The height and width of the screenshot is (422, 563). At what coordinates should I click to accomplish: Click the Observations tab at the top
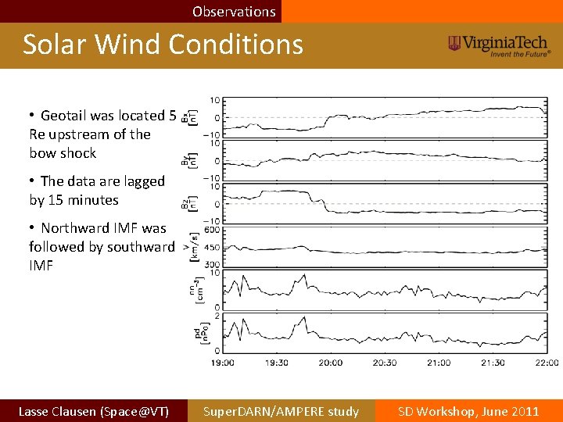coord(234,12)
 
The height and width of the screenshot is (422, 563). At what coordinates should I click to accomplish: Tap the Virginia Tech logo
coord(499,45)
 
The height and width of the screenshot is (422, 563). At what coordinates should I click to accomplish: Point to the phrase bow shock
coord(63,153)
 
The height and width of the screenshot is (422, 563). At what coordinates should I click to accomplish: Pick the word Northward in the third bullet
coord(77,228)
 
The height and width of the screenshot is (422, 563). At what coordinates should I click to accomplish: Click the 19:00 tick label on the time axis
coord(223,363)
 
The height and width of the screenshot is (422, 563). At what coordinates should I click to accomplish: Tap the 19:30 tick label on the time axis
coord(277,363)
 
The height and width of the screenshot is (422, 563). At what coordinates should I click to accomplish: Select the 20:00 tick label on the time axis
coord(331,363)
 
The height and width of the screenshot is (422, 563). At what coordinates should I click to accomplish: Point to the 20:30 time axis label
coord(385,363)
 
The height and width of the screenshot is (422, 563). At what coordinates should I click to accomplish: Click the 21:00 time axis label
coord(439,363)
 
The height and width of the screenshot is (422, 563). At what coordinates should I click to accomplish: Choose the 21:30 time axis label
coord(493,363)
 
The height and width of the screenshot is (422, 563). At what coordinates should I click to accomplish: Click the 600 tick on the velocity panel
coord(211,230)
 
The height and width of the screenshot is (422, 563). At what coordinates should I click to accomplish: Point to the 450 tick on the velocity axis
coord(211,248)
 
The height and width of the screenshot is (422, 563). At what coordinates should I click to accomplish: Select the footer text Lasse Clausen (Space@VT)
coord(93,411)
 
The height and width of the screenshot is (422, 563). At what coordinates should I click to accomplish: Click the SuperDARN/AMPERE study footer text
coord(281,411)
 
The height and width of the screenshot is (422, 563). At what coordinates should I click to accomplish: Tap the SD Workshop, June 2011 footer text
coord(468,411)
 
